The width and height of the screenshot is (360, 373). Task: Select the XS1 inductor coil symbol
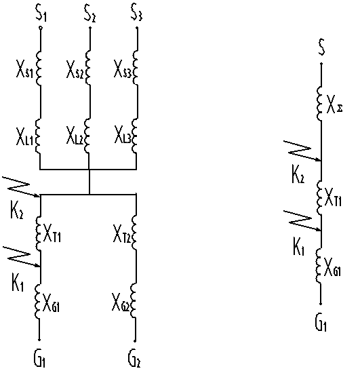coord(38,68)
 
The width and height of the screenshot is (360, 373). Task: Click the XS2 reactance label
coord(75,69)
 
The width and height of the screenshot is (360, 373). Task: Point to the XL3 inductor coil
coord(135,136)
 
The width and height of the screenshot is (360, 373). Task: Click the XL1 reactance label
coord(24,136)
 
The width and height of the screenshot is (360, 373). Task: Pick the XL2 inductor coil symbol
coord(87,136)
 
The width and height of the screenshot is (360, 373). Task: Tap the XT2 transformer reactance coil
coord(134,233)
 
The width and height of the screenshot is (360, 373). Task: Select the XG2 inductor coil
coord(134,300)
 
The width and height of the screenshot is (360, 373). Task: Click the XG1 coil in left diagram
coord(38,301)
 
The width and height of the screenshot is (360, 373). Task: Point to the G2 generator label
coord(134,359)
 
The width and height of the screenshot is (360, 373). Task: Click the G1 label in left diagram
coord(39,359)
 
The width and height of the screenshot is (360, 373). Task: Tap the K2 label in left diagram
coord(17,210)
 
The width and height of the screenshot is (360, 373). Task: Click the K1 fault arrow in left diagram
coord(20,256)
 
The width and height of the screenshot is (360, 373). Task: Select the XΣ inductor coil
coord(319,104)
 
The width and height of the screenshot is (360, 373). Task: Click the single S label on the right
coord(321,47)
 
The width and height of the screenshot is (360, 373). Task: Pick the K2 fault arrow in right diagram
coord(302,151)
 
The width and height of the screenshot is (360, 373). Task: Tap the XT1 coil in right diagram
coord(319,197)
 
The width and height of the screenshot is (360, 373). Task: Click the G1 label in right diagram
coord(321,322)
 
